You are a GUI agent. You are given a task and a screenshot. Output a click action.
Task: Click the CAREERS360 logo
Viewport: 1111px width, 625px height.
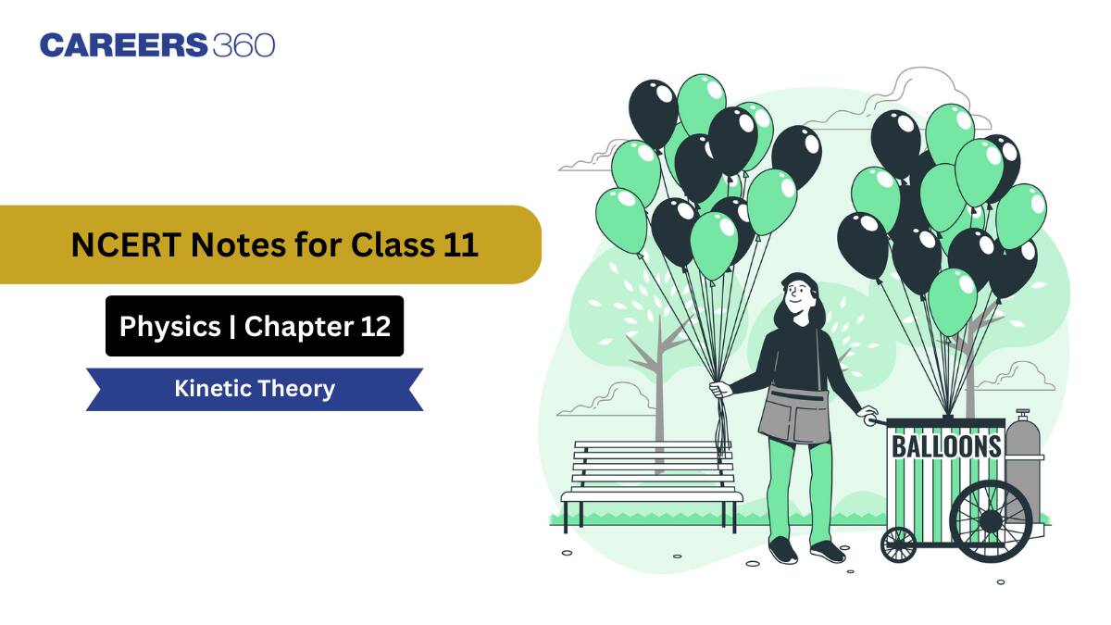pos(157,44)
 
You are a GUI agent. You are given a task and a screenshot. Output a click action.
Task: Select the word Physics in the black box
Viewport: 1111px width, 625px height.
pos(169,326)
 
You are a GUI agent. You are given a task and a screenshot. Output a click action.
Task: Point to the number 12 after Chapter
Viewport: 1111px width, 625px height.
pos(374,326)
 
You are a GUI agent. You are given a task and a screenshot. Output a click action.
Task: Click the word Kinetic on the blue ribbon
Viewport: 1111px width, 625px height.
pos(212,388)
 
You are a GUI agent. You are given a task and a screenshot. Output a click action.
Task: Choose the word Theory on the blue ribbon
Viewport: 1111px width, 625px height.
pos(296,388)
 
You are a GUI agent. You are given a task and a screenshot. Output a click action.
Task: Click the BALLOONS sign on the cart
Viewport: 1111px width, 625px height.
pos(945,446)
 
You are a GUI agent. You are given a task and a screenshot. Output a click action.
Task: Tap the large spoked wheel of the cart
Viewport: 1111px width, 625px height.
pos(991,520)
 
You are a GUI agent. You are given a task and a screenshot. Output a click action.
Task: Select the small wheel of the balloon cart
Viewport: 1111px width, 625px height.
pos(898,544)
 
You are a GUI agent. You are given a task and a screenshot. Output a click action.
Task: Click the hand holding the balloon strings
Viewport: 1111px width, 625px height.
pos(721,390)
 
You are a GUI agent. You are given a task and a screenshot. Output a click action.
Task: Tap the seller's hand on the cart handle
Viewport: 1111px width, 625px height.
pos(868,415)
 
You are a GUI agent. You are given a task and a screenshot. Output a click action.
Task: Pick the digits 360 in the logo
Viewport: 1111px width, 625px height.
pos(243,44)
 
